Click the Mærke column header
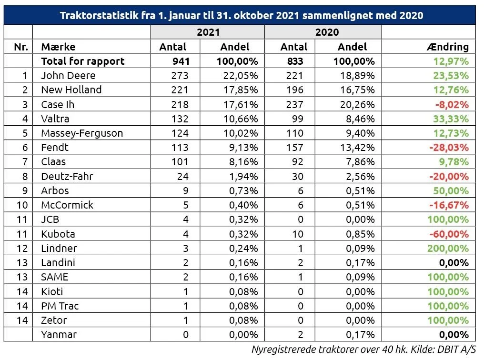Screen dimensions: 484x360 (58, 47)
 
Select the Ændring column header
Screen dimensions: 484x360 (448, 47)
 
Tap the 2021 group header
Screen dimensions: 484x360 (208, 32)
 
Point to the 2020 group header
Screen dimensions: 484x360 (327, 32)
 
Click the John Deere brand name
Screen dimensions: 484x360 (68, 75)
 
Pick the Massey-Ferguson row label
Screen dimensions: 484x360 (82, 133)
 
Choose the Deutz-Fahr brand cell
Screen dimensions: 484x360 (67, 176)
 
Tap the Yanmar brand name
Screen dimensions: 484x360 (59, 334)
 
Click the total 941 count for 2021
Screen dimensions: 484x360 (181, 61)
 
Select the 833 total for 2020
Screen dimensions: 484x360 (295, 61)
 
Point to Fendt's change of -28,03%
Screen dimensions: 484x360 (449, 148)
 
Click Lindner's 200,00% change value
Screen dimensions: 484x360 (448, 248)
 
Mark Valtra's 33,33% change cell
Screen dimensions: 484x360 (451, 119)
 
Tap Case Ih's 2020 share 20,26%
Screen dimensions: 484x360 (357, 104)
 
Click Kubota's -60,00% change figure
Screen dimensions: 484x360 (449, 234)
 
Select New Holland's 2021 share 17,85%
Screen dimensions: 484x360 (241, 90)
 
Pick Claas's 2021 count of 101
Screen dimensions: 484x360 (180, 161)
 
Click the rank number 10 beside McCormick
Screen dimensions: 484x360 (22, 205)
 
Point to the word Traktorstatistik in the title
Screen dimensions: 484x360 (99, 15)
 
